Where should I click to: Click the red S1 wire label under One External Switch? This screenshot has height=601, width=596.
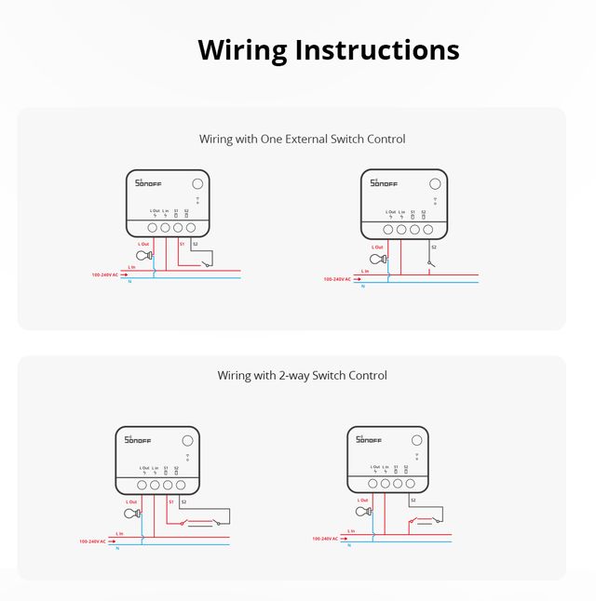tap(183, 244)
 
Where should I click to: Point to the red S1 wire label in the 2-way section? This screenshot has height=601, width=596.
tap(170, 501)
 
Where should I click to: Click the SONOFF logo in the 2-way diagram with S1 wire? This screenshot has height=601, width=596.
tap(137, 439)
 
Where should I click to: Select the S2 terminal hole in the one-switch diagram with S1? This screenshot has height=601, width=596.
tap(189, 226)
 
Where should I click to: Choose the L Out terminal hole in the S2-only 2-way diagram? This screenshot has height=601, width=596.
tap(373, 484)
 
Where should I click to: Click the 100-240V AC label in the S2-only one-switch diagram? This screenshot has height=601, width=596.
tap(337, 279)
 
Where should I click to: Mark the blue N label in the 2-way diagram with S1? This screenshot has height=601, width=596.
tap(117, 548)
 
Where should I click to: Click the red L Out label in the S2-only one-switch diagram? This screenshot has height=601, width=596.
tap(377, 247)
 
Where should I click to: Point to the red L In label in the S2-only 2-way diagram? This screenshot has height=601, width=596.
tap(350, 531)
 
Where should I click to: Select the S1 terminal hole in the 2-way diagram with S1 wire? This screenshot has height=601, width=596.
tap(168, 485)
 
